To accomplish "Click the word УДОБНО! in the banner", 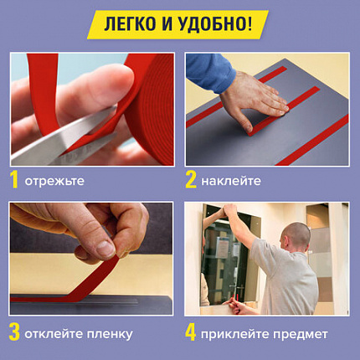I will coord(219,24).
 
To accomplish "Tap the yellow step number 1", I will coord(14,179).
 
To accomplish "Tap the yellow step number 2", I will coord(192,179).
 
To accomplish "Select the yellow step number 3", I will coord(14,333).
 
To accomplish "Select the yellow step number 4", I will coord(192,333).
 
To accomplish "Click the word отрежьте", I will coord(55,181).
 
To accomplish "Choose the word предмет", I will coord(304,334).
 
